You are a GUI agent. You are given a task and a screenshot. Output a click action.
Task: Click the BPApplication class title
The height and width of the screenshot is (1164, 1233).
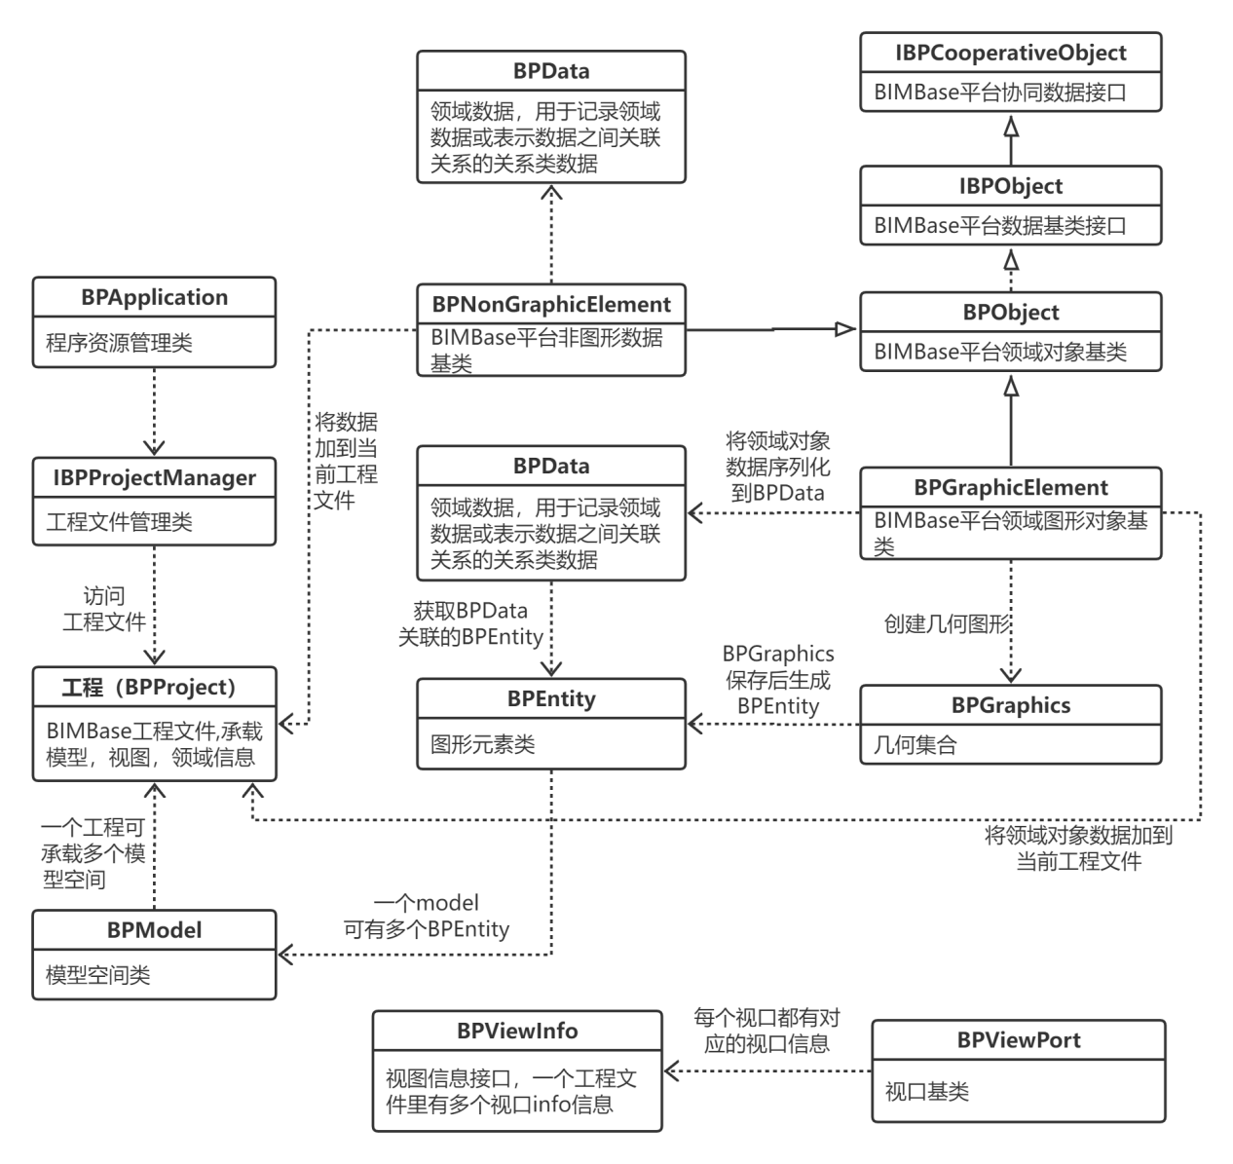pyautogui.click(x=154, y=297)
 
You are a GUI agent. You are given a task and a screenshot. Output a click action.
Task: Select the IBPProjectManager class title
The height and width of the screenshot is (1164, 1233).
pyautogui.click(x=154, y=477)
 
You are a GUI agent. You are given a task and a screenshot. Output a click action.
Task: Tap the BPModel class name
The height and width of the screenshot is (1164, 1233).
pyautogui.click(x=154, y=930)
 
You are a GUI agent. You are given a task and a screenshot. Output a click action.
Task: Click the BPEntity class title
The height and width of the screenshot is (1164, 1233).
pyautogui.click(x=551, y=698)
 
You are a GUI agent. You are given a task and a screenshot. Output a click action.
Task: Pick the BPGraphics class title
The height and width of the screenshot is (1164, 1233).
pyautogui.click(x=1011, y=705)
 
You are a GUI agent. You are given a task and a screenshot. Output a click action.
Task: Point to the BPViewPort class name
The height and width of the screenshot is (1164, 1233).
pyautogui.click(x=1019, y=1039)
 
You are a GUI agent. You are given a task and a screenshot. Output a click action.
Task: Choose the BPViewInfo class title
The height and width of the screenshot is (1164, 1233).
pyautogui.click(x=517, y=1031)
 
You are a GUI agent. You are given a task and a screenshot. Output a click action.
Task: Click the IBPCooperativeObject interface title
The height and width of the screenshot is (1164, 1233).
pyautogui.click(x=1011, y=53)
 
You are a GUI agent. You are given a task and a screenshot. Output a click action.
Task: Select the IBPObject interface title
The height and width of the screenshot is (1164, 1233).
pyautogui.click(x=1011, y=186)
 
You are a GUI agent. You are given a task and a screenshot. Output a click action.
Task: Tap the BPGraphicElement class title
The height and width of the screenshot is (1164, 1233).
pyautogui.click(x=1011, y=487)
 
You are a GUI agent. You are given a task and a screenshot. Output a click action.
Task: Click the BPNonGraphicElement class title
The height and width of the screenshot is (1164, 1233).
pyautogui.click(x=551, y=304)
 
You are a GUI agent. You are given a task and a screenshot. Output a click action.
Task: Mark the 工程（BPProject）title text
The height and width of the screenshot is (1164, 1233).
pyautogui.click(x=154, y=687)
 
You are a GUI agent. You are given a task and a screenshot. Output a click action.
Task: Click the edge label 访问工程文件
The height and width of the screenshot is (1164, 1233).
pyautogui.click(x=104, y=609)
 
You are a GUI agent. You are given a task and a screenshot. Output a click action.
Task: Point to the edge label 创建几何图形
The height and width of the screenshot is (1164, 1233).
pyautogui.click(x=947, y=623)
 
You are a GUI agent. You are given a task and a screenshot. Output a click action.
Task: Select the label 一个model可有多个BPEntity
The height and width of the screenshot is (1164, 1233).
pyautogui.click(x=427, y=917)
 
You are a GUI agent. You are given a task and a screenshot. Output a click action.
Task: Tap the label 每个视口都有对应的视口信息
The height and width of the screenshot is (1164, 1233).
pyautogui.click(x=766, y=1031)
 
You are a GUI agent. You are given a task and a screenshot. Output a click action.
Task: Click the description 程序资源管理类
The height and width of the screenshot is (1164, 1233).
pyautogui.click(x=119, y=343)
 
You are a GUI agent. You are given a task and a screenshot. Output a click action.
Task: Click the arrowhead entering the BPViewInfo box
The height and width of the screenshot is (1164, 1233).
pyautogui.click(x=671, y=1071)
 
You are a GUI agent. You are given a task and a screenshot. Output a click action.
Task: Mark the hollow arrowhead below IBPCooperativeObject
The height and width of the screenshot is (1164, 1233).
pyautogui.click(x=1011, y=128)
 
